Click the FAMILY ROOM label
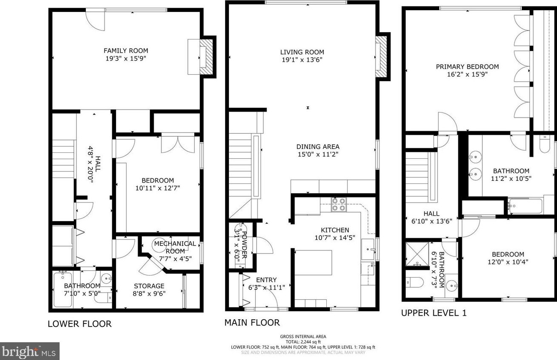coord(126,51)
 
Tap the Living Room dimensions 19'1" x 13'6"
coord(302,60)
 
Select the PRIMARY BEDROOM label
coord(467,67)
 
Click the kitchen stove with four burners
coord(339,204)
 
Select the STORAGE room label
coord(149,286)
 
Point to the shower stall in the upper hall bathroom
coord(416,254)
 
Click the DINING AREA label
coord(318,147)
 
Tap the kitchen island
coord(314,263)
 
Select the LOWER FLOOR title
coord(79,324)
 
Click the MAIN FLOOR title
coord(252,323)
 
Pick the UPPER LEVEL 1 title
coord(434,313)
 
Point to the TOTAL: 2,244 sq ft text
coord(303,342)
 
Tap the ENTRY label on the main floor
coord(266,280)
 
